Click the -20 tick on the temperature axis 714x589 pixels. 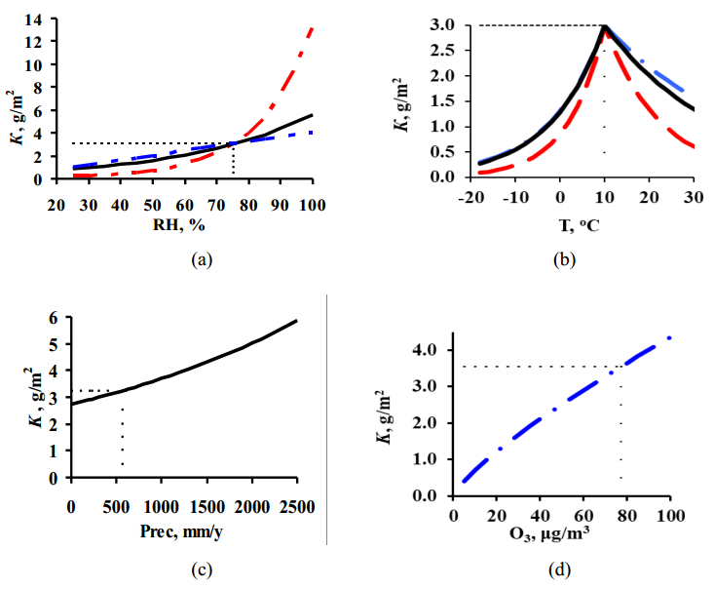pyautogui.click(x=473, y=197)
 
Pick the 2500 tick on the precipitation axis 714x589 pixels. pyautogui.click(x=296, y=505)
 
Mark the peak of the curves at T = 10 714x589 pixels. pyautogui.click(x=604, y=26)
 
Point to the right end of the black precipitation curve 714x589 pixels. pyautogui.click(x=296, y=321)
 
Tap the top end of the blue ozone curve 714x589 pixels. pyautogui.click(x=669, y=338)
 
